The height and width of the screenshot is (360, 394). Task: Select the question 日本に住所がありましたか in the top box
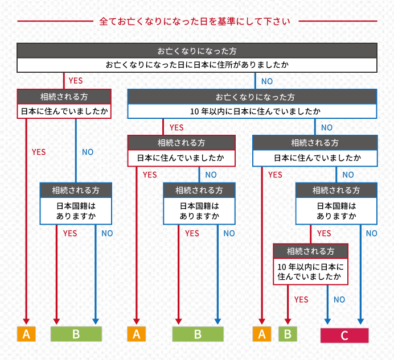[x=197, y=65]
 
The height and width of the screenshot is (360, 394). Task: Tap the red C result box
[x=344, y=336]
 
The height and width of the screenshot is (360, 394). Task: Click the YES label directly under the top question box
[x=75, y=81]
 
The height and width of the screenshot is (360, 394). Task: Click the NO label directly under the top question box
[x=267, y=81]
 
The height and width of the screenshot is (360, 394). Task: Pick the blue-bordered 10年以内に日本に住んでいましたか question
[x=252, y=111]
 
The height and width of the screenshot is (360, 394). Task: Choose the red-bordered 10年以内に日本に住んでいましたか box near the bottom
[x=310, y=271]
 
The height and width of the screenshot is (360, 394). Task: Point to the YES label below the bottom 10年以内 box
[x=301, y=299]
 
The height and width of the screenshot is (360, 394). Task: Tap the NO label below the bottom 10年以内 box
[x=339, y=299]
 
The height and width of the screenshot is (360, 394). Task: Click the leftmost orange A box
[x=26, y=334]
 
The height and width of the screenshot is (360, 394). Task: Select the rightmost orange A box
[x=262, y=334]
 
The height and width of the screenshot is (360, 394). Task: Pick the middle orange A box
[x=137, y=334]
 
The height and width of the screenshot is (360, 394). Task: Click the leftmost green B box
[x=76, y=334]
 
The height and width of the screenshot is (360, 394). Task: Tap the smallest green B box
[x=288, y=334]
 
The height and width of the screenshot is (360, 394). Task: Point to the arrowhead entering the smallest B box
[x=288, y=321]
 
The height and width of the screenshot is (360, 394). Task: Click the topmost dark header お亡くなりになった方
[x=197, y=50]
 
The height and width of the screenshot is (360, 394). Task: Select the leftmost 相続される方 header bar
[x=63, y=96]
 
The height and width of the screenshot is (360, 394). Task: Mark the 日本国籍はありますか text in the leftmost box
[x=76, y=211]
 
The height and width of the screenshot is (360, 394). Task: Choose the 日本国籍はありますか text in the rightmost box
[x=336, y=211]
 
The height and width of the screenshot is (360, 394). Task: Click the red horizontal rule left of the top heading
[x=54, y=22]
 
